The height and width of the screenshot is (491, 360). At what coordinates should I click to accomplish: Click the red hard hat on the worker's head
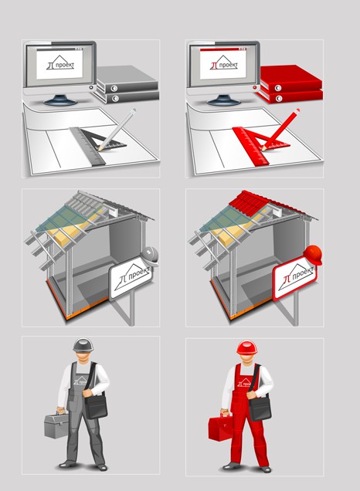point(247,347)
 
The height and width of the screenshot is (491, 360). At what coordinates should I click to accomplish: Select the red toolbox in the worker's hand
point(220,428)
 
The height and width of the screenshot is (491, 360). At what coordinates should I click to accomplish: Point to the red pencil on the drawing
point(280,130)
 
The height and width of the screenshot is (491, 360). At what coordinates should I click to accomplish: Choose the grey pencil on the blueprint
point(117,130)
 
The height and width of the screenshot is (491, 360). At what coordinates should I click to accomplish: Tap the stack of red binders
point(290,84)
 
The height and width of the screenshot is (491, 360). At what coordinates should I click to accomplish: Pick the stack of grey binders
point(127,84)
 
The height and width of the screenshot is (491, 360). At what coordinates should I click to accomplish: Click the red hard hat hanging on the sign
point(313,255)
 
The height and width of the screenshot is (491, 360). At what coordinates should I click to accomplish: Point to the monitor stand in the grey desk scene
point(59,100)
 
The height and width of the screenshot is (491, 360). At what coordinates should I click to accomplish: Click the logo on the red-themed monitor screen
point(224,63)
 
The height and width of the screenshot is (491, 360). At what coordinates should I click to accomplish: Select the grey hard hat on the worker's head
point(83,345)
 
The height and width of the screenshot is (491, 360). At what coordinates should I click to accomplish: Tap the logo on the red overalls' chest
point(244,383)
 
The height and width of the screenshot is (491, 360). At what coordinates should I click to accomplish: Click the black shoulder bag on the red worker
point(260,406)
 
